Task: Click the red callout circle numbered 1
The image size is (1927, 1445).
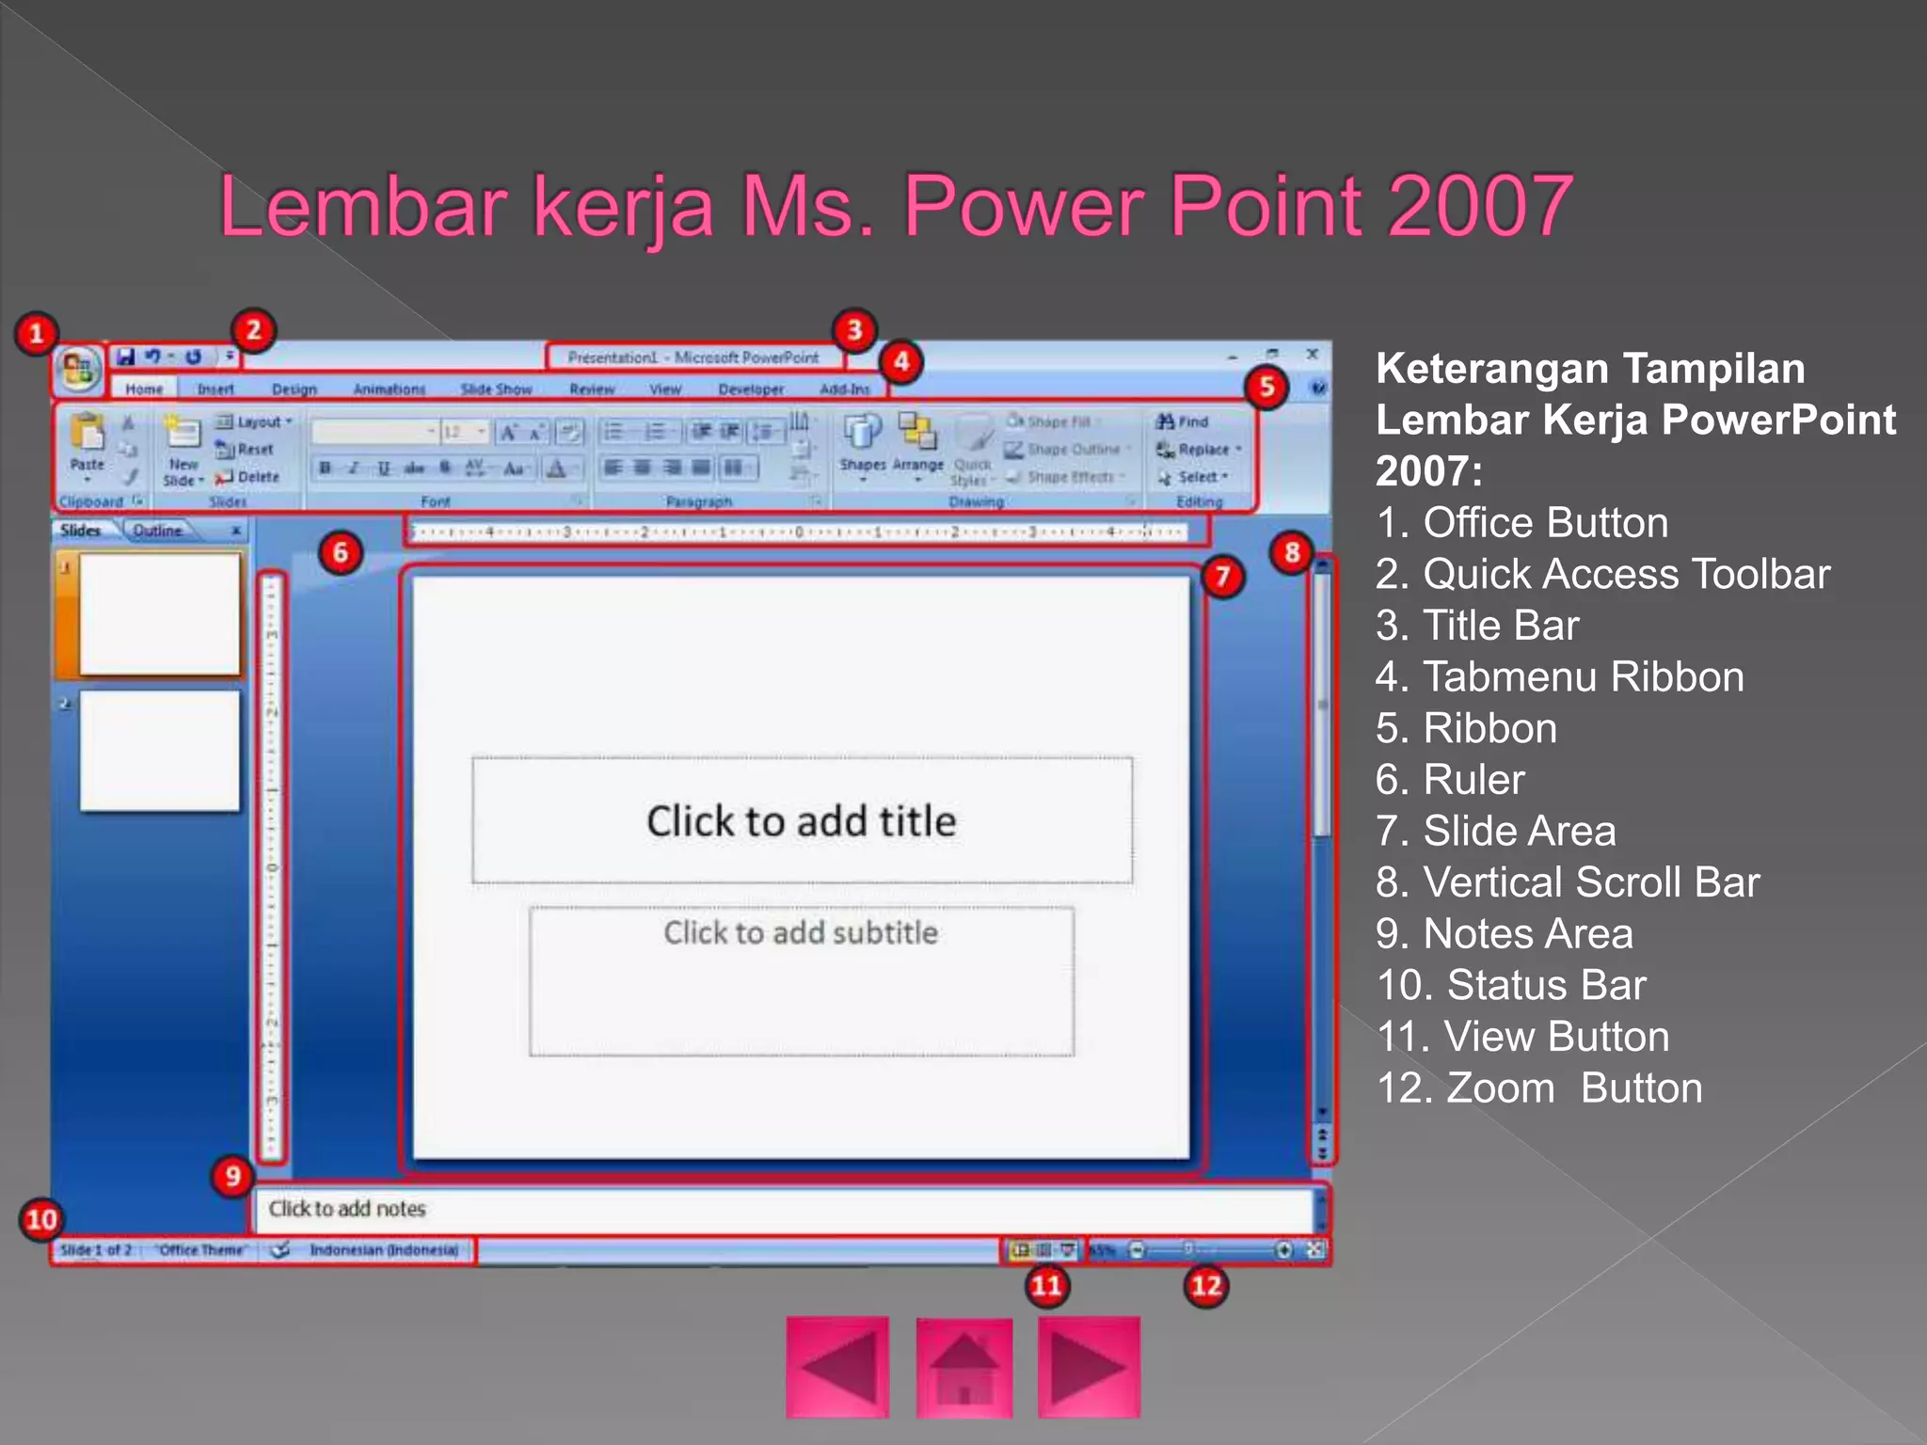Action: (37, 334)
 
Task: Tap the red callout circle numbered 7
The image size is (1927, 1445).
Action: (1221, 576)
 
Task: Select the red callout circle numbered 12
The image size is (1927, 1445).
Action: (1206, 1285)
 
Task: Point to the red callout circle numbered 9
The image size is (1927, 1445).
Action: (232, 1176)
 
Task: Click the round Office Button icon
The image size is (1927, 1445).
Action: (78, 368)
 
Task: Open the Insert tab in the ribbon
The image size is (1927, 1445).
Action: (215, 389)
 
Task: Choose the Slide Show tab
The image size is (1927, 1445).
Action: (496, 389)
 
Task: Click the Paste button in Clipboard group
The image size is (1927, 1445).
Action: (88, 442)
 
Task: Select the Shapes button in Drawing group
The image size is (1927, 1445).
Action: (862, 442)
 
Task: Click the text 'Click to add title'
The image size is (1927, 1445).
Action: (801, 821)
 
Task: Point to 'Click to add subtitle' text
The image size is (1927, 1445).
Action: (801, 932)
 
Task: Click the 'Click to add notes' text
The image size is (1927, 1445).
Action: (347, 1209)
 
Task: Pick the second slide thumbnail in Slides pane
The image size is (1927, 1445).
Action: (160, 751)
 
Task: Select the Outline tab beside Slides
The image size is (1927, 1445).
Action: (157, 531)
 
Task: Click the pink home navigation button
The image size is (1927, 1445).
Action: (963, 1367)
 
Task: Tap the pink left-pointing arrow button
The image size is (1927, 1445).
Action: (837, 1367)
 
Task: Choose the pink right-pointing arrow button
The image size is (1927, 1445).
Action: (1089, 1367)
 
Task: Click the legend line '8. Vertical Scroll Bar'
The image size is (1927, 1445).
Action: (1567, 882)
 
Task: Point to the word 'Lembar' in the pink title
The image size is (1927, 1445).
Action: (363, 206)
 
